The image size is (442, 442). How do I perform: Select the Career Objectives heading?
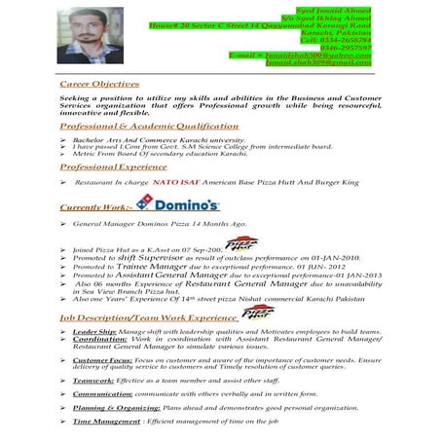(x=99, y=84)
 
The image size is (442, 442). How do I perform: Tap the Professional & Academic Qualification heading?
(x=148, y=127)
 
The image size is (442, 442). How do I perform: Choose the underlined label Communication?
(x=100, y=396)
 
